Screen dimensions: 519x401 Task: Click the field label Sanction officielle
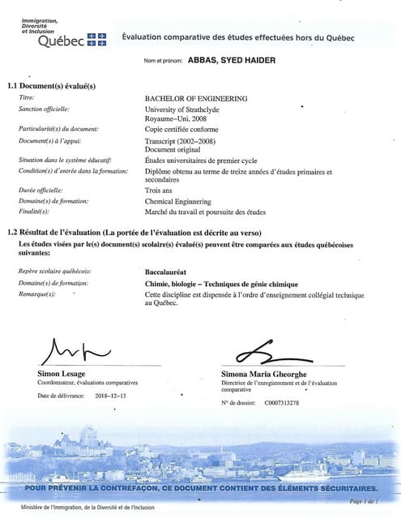(44, 109)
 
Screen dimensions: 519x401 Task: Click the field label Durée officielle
(41, 191)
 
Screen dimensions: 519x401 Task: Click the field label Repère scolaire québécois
(55, 271)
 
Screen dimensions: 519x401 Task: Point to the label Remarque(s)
(36, 294)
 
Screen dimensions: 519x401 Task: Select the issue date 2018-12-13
(111, 396)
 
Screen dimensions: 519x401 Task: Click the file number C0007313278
(281, 402)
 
